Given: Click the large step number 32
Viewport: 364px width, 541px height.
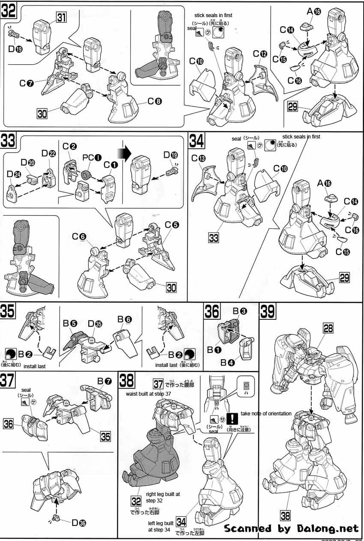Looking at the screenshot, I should click(9, 9).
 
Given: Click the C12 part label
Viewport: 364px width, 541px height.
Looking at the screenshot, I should click(260, 54).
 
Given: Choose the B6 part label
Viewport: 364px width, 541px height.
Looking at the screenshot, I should click(121, 319).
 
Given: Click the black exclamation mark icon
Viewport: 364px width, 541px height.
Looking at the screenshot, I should click(232, 418).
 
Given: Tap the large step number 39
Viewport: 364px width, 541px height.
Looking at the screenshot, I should click(268, 312).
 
